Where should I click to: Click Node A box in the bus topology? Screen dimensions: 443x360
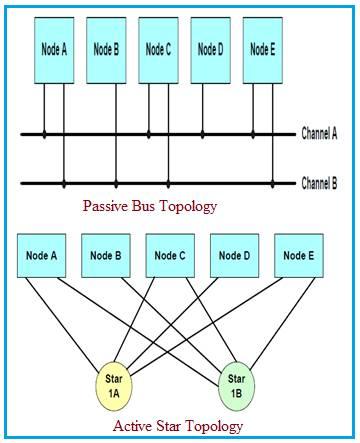point(53,48)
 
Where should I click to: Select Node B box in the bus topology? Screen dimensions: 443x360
point(105,48)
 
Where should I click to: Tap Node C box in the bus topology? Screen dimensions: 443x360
point(157,48)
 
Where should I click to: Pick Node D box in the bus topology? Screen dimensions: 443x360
point(208,48)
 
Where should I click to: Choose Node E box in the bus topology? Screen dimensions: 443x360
point(260,48)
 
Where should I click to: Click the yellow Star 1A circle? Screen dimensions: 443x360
point(111,383)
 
